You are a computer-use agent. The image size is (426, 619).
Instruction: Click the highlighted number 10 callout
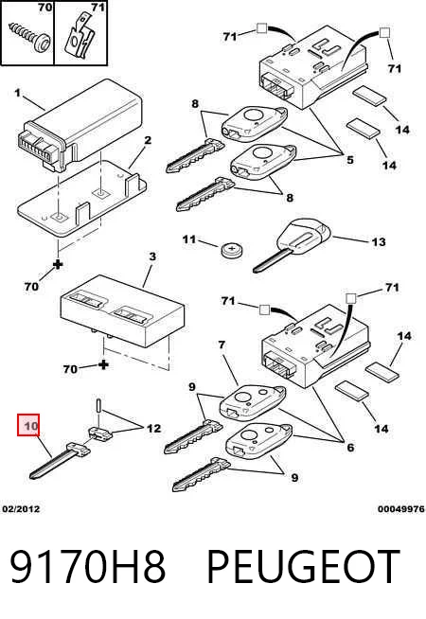pyautogui.click(x=28, y=425)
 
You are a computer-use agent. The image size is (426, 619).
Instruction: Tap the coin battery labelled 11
pyautogui.click(x=232, y=250)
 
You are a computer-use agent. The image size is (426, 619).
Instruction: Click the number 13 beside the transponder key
pyautogui.click(x=379, y=241)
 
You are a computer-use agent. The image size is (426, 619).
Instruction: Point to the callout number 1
pyautogui.click(x=17, y=93)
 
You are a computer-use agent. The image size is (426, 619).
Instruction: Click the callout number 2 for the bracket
pyautogui.click(x=148, y=140)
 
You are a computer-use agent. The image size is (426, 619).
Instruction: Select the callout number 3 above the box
pyautogui.click(x=152, y=256)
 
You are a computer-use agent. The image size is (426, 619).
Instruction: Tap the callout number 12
pyautogui.click(x=154, y=429)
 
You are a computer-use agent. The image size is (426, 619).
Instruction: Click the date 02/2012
pyautogui.click(x=22, y=509)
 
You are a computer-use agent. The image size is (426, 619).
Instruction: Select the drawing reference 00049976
pyautogui.click(x=401, y=509)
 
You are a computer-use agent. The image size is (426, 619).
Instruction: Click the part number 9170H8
pyautogui.click(x=88, y=567)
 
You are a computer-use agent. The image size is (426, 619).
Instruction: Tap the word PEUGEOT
pyautogui.click(x=303, y=567)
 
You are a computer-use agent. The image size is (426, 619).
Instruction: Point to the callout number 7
pyautogui.click(x=222, y=345)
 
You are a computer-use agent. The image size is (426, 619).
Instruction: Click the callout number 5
pyautogui.click(x=350, y=160)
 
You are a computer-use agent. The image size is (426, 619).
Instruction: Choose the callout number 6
pyautogui.click(x=350, y=448)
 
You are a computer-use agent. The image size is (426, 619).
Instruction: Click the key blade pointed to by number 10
pyautogui.click(x=60, y=460)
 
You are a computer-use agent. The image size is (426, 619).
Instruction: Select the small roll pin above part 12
pyautogui.click(x=98, y=406)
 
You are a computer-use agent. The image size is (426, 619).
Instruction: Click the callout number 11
pyautogui.click(x=189, y=239)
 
